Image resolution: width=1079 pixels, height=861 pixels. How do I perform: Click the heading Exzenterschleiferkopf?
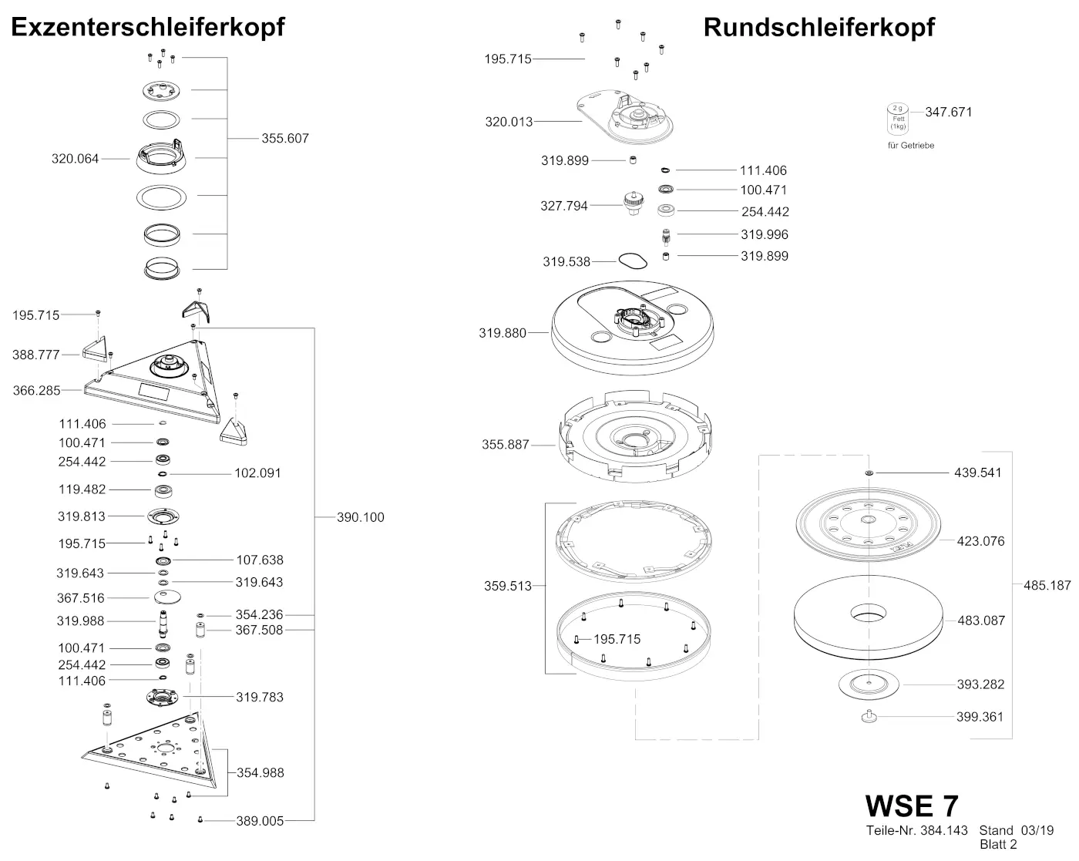148,27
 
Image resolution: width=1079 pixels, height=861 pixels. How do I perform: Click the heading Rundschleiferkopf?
818,27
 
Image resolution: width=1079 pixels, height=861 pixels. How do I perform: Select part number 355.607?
285,139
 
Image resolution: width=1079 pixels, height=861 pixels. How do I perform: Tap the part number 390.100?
360,517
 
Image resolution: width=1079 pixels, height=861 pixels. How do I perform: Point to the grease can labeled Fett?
899,119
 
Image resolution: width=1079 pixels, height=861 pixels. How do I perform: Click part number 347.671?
949,112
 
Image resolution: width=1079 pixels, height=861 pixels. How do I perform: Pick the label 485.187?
1047,585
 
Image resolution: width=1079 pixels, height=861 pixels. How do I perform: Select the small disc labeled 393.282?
868,684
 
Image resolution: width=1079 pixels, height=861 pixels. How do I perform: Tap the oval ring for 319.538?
633,261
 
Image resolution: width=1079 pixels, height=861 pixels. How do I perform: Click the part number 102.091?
257,473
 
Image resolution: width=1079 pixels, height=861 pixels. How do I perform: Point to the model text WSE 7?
912,806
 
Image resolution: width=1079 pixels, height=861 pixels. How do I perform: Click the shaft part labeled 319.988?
163,620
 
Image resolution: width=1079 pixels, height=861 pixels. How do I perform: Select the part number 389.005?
260,821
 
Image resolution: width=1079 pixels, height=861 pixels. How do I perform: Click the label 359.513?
508,586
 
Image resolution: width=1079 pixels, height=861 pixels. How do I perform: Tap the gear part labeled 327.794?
634,204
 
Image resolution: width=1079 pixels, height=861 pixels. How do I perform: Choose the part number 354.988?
260,772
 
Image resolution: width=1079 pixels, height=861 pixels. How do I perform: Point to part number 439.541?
977,473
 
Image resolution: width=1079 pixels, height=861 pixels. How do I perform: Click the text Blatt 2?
998,845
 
